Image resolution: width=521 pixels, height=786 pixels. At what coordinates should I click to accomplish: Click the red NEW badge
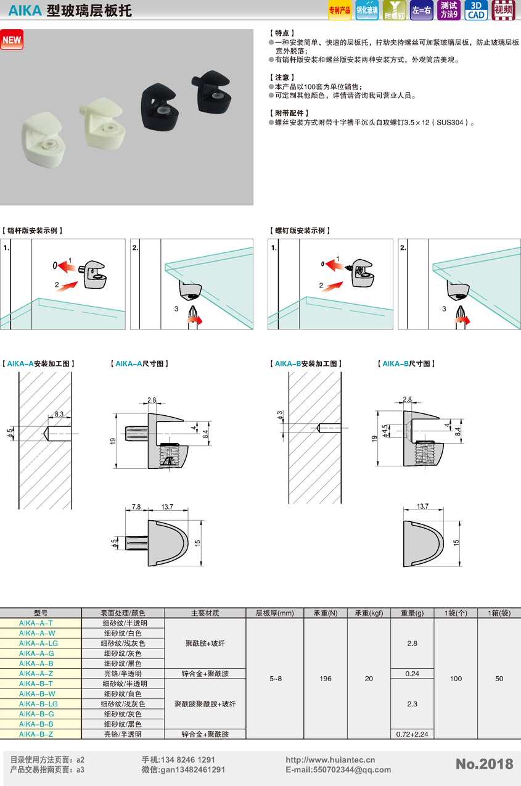(12, 39)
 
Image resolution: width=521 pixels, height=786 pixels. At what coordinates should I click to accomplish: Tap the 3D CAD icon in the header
(476, 10)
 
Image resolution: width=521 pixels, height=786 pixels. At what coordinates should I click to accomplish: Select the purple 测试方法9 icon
(449, 10)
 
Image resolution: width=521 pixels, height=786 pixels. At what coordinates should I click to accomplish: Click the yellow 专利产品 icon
(339, 10)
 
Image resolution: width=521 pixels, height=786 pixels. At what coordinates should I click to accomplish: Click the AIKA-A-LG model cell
(38, 643)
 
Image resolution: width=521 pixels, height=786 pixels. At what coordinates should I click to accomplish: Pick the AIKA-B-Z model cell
(36, 734)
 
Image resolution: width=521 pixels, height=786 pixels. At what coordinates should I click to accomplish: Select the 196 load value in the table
(326, 679)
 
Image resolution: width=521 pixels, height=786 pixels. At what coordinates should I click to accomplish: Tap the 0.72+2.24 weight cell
(412, 734)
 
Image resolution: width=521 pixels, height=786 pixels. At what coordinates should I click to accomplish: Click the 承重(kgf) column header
(369, 613)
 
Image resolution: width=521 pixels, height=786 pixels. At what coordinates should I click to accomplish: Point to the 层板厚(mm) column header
(274, 613)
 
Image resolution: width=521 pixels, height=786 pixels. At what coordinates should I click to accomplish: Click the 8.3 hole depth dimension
(59, 414)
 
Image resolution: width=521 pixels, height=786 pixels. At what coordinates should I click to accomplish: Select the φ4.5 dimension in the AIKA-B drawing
(385, 431)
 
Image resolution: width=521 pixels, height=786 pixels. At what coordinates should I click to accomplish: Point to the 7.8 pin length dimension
(136, 507)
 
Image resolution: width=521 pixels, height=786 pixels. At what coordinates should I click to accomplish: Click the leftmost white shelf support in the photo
(44, 139)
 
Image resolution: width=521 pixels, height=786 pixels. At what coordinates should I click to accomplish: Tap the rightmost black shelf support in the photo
(211, 92)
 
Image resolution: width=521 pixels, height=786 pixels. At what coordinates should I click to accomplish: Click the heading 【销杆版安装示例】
(32, 231)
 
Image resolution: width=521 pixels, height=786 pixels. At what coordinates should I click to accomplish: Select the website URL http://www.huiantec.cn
(330, 759)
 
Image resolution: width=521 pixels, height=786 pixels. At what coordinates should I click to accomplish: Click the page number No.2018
(484, 764)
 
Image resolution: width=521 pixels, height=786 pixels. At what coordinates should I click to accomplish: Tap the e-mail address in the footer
(338, 770)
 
